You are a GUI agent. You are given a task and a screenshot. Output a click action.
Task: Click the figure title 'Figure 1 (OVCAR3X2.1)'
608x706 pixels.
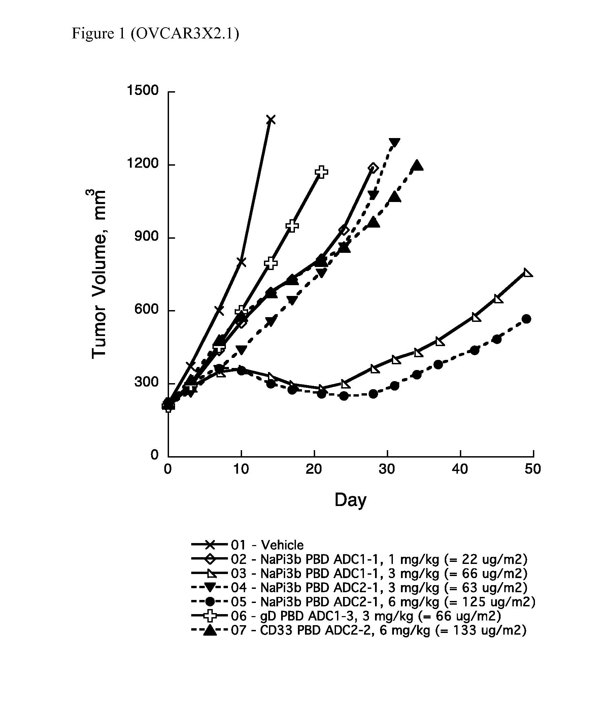coord(155,34)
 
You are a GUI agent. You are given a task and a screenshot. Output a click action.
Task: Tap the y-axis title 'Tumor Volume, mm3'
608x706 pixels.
coord(98,274)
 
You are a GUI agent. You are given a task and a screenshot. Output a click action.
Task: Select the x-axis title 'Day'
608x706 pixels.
coord(350,500)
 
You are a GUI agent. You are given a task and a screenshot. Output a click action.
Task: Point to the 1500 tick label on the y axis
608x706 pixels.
coord(143,91)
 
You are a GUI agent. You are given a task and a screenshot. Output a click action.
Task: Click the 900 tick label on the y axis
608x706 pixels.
coord(146,237)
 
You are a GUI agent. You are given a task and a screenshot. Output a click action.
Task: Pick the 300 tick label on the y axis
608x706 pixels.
coord(146,382)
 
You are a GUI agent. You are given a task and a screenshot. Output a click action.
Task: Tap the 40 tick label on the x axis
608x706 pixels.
coord(460,470)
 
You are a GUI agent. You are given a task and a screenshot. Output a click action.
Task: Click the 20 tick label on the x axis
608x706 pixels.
coord(314,470)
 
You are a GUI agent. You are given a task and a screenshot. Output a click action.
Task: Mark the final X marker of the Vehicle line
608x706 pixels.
coord(271,120)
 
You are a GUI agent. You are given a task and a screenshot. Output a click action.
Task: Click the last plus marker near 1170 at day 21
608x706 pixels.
coord(322,172)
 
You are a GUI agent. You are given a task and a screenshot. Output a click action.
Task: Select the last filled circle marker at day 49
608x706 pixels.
coord(527,319)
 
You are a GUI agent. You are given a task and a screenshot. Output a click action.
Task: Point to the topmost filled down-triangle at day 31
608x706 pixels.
coord(394,142)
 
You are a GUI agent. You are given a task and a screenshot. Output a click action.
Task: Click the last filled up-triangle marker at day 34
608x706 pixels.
coord(417,166)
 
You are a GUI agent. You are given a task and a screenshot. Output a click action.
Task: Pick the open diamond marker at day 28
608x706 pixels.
coord(373,168)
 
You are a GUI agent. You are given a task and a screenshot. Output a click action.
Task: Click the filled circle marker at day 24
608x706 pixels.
coord(344,396)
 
